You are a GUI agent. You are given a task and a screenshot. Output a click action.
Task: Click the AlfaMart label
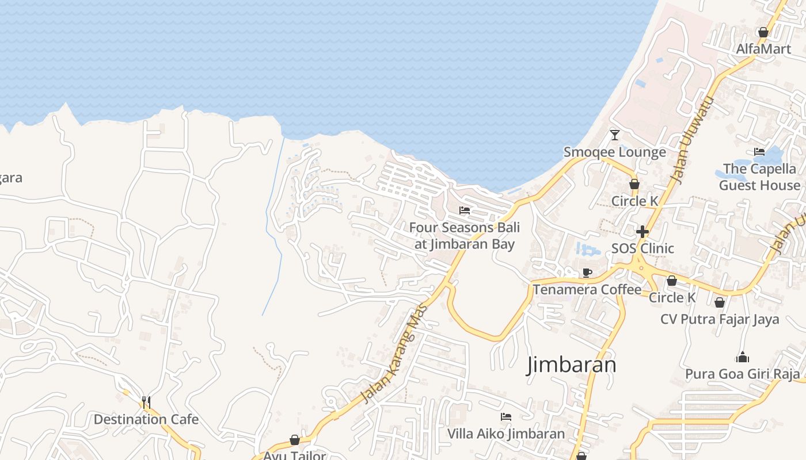[763, 49]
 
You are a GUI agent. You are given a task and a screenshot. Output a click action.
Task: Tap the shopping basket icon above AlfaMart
[763, 33]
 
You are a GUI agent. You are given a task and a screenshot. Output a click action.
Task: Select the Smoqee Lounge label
[614, 152]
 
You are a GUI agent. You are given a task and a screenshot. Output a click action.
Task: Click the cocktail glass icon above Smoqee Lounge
[615, 135]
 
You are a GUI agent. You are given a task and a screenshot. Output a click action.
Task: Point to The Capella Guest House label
[759, 177]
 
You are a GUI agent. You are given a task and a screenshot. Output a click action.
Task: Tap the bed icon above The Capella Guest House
[759, 152]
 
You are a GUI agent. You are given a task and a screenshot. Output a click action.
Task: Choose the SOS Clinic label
[642, 248]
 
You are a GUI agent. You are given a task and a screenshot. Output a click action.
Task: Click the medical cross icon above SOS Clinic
[642, 232]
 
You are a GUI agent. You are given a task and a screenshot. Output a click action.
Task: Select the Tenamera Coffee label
[587, 289]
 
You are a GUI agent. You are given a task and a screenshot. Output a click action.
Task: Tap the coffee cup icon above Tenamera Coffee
[587, 273]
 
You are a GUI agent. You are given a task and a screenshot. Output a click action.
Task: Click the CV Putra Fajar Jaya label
[720, 319]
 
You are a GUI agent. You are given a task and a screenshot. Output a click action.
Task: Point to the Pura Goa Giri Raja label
[743, 374]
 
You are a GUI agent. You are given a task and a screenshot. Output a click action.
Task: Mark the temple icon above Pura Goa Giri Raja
[743, 357]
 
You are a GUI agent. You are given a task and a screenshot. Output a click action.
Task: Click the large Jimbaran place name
[571, 365]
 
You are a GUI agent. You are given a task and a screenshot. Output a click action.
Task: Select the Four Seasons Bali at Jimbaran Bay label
[465, 235]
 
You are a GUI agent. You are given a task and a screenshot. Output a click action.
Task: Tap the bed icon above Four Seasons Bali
[465, 210]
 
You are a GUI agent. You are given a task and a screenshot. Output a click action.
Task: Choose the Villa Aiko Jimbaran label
[506, 433]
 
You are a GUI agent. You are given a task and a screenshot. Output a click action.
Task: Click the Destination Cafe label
[146, 419]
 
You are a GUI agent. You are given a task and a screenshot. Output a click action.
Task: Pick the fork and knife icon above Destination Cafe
[146, 402]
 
